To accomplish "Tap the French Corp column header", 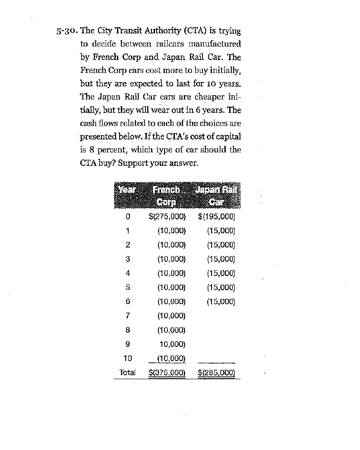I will pyautogui.click(x=167, y=196).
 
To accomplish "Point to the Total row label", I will pyautogui.click(x=127, y=372).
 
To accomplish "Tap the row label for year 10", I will pyautogui.click(x=128, y=358).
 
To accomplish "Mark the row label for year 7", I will pyautogui.click(x=128, y=316).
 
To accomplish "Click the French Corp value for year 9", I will pyautogui.click(x=172, y=344).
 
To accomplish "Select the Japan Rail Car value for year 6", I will pyautogui.click(x=221, y=301).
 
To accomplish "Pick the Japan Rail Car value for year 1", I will pyautogui.click(x=221, y=231).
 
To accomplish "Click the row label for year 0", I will pyautogui.click(x=128, y=217).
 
